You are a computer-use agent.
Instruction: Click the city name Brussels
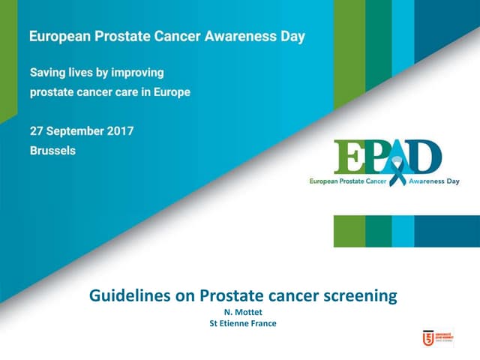[x=52, y=150]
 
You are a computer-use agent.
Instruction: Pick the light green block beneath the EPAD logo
[x=349, y=231]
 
